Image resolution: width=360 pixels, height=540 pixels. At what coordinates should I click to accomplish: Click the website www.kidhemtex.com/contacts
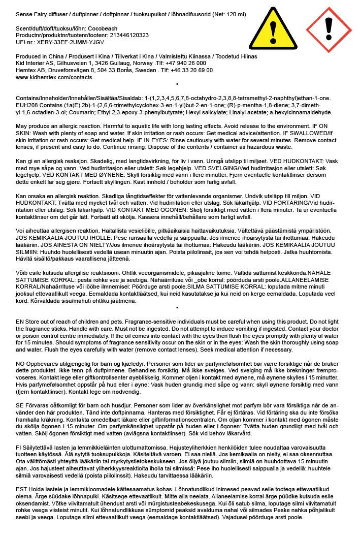pos(54,78)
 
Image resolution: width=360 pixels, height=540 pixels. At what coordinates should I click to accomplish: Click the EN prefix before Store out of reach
pos(20,321)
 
